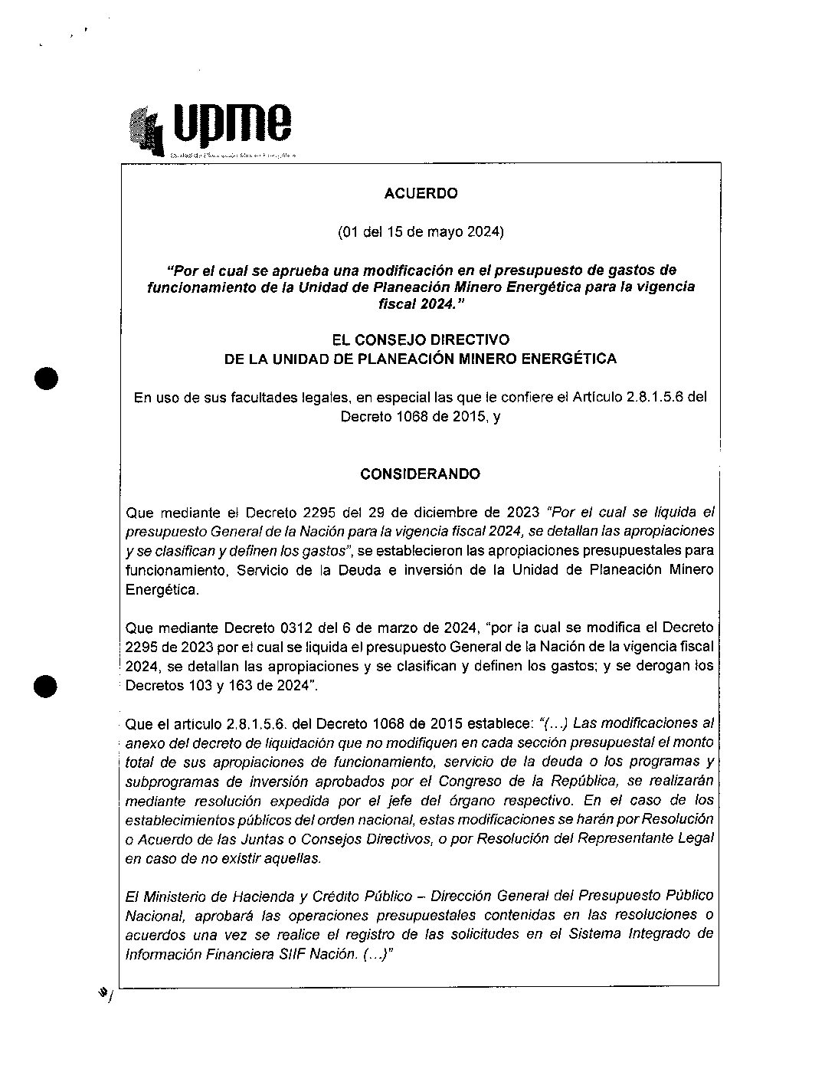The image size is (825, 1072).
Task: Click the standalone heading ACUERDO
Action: [421, 194]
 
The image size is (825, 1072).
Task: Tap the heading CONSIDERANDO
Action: [420, 474]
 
